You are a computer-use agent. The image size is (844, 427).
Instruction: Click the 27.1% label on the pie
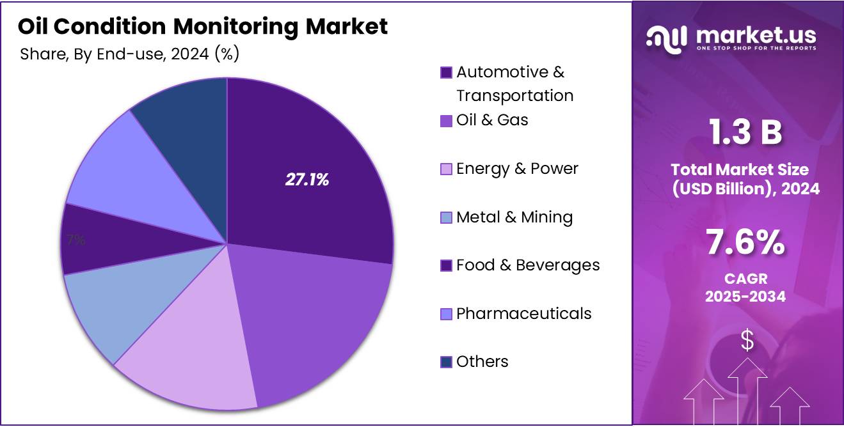point(307,180)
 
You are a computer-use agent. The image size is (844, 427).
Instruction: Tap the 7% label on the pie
point(76,240)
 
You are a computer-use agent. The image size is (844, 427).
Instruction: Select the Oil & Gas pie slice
point(314,320)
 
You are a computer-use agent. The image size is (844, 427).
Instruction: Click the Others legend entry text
point(482,362)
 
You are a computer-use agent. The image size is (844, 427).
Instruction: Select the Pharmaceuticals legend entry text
point(523,314)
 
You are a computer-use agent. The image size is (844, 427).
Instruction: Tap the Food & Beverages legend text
point(528,265)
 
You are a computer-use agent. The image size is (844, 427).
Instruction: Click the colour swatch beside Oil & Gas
point(447,121)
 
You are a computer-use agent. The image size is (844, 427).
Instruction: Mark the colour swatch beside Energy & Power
point(447,169)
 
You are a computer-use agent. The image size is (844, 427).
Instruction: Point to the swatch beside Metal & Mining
point(447,218)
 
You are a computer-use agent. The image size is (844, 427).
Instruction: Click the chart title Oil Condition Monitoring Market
point(202,27)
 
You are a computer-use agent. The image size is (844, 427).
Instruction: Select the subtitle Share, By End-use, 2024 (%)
point(130,54)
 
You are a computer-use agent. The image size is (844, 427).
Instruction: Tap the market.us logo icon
point(666,38)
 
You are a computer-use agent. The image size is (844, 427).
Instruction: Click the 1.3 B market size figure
point(745,133)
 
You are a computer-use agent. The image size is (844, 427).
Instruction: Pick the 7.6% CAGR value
point(745,244)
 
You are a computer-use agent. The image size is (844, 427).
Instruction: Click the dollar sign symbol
point(747,341)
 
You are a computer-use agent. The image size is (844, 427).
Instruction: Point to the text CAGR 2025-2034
point(745,288)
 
